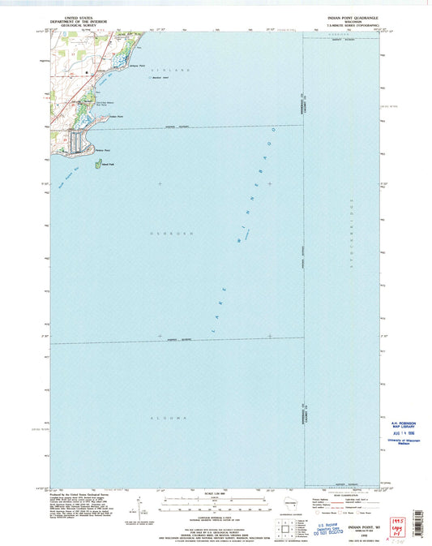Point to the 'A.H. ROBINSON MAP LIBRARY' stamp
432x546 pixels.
pos(396,426)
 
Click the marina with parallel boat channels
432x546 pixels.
pos(76,142)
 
